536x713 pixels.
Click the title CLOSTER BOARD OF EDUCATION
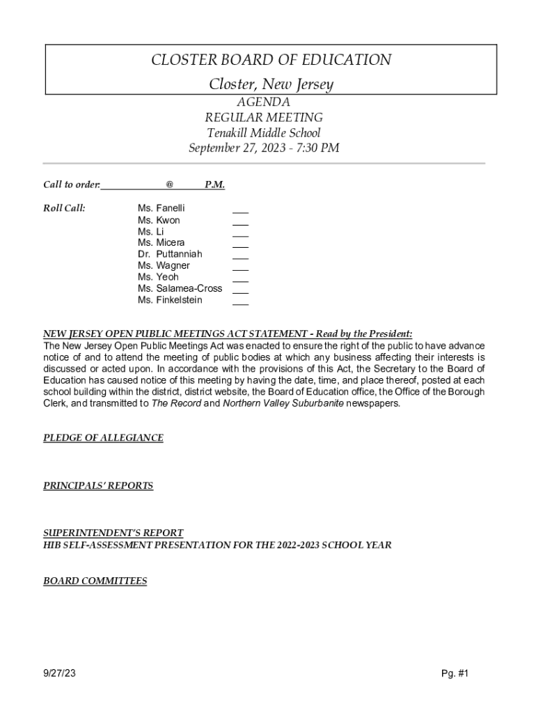pos(271,60)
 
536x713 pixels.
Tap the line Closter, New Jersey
pos(271,84)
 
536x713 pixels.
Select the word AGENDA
pos(263,102)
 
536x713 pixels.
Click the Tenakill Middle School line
pos(263,132)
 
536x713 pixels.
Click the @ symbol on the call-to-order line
pos(169,185)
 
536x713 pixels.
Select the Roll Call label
pos(64,208)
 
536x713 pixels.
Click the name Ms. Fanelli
pos(161,208)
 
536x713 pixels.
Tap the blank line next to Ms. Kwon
pos(240,223)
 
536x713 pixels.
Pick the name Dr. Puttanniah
pos(170,254)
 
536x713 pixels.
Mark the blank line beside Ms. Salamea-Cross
pos(240,291)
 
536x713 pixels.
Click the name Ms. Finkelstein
pos(170,300)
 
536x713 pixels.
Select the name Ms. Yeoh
pos(158,277)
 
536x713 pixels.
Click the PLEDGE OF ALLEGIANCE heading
pos(103,438)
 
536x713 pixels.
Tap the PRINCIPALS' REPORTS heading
pos(98,486)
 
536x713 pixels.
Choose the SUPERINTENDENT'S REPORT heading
pos(113,533)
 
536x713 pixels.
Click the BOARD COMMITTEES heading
pos(95,581)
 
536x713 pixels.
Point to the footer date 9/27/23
pos(59,673)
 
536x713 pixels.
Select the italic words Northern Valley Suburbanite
pos(283,403)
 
